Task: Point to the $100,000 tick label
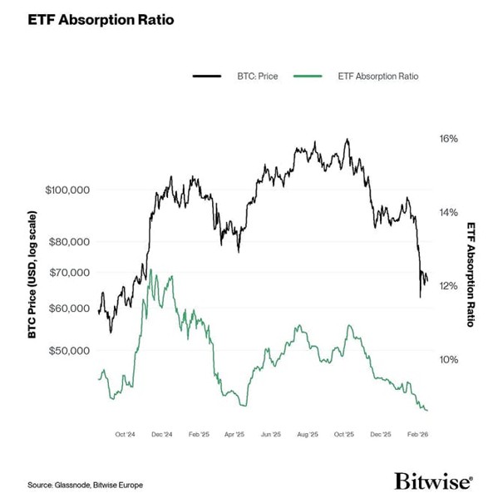67,190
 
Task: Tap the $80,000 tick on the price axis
70,242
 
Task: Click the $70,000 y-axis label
70,273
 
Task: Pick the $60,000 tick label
70,308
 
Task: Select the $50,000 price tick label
70,351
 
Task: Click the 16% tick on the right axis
448,139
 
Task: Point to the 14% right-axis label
448,213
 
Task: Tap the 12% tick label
448,286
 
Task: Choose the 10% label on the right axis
448,360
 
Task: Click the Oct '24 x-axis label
126,434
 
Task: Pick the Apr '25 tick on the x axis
234,434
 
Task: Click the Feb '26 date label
417,434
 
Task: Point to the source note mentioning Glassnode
79,485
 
